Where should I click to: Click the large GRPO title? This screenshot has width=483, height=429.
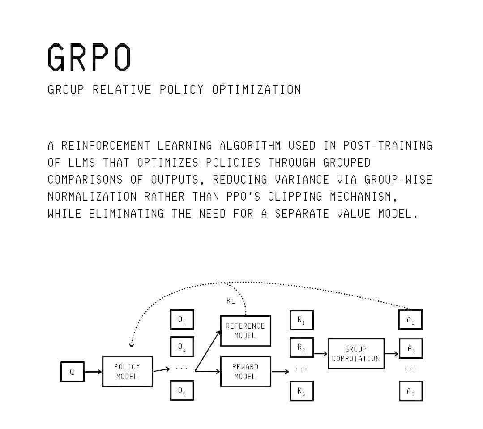click(90, 57)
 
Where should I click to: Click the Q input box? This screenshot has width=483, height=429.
click(72, 372)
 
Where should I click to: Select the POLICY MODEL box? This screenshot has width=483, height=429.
click(127, 372)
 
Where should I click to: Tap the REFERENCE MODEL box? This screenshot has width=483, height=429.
click(245, 331)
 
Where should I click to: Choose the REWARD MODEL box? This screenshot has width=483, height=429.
click(245, 372)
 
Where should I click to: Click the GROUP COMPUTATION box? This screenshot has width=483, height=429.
click(356, 354)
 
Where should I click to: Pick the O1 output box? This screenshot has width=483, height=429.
click(182, 321)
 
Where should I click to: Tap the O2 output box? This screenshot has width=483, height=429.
click(182, 347)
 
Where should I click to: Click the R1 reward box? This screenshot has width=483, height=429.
click(301, 321)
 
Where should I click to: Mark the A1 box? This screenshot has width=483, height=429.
click(410, 321)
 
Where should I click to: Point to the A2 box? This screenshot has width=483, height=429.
click(410, 349)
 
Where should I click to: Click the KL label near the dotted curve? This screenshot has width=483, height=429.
click(231, 301)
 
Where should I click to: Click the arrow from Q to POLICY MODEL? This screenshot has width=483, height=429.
click(93, 372)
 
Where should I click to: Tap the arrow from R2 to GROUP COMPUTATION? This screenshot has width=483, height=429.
click(321, 354)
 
